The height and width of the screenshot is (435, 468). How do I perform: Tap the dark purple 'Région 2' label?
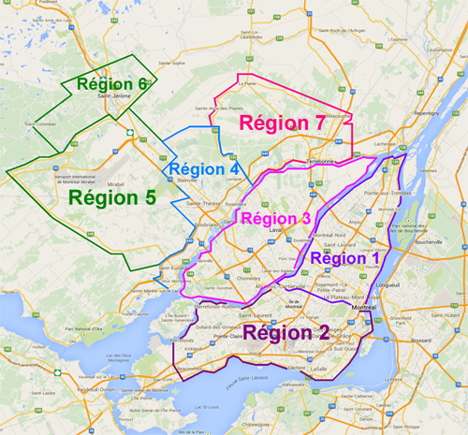[x=285, y=332]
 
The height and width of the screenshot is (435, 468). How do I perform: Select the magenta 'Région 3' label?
[x=275, y=219]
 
